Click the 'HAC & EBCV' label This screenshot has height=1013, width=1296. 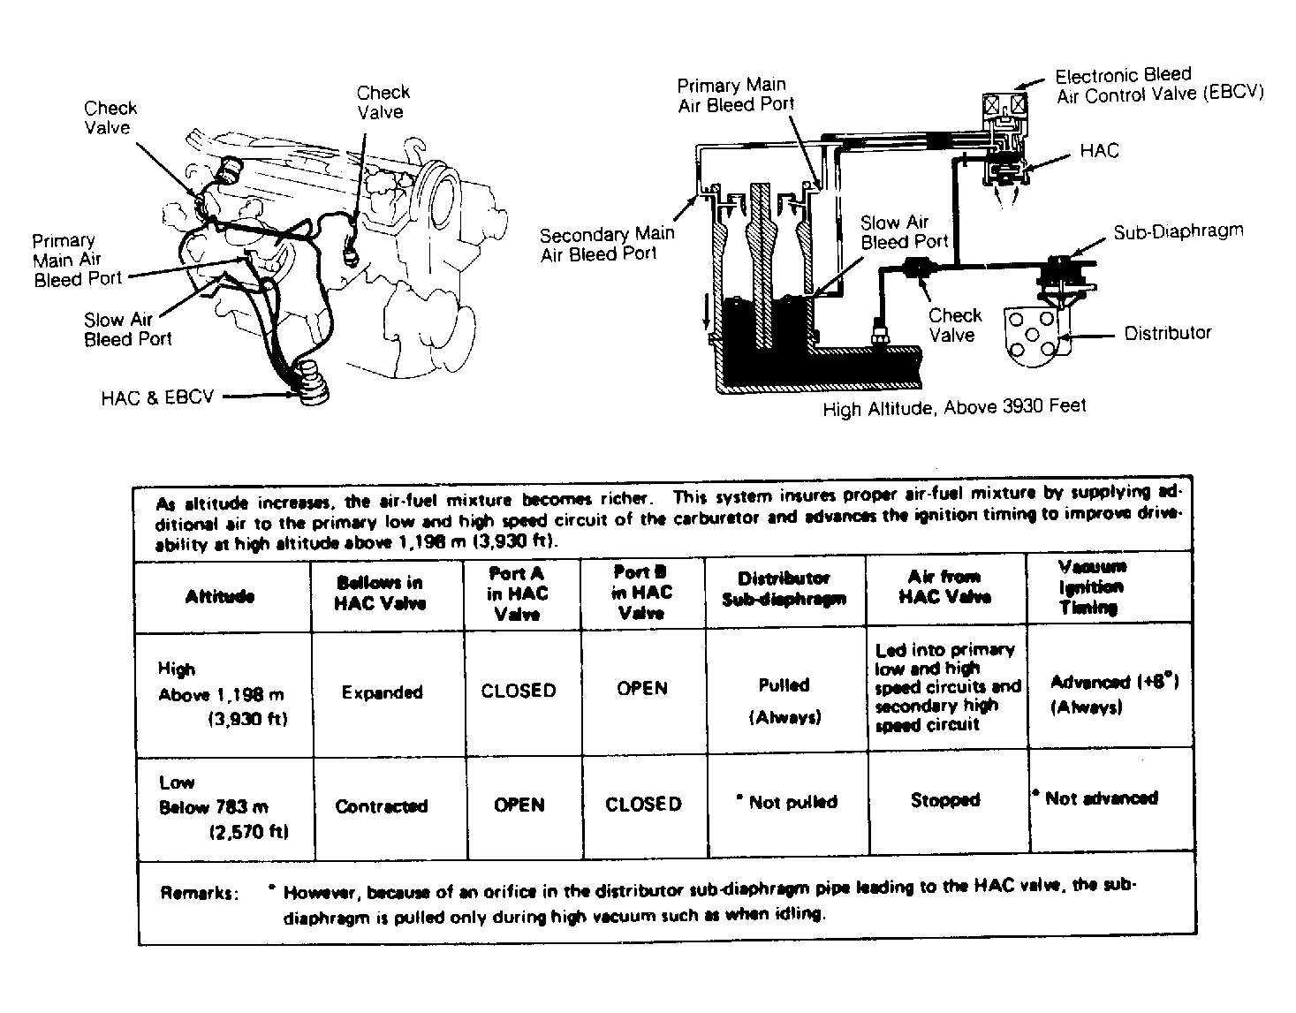pos(157,397)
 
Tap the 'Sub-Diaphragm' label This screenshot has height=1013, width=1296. pos(1178,232)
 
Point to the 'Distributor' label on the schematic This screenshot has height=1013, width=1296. pos(1167,333)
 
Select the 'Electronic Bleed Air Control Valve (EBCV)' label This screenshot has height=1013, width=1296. pos(1160,85)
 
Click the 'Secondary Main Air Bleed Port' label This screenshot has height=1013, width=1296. pos(607,244)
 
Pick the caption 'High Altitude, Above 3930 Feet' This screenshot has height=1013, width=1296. pos(954,407)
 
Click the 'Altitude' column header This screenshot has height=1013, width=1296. pos(220,596)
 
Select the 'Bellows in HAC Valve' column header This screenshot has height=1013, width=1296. pos(380,593)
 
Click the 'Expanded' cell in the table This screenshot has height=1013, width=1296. pos(382,692)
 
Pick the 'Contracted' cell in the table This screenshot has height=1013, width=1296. pos(381,806)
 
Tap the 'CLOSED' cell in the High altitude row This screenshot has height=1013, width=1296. pos(519,691)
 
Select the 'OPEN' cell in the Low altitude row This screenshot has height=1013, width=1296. pos(519,805)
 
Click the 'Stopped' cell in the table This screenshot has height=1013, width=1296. pos(945,800)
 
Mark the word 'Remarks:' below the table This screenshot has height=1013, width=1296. pos(199,893)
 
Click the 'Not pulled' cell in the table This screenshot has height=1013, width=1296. pos(788,802)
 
